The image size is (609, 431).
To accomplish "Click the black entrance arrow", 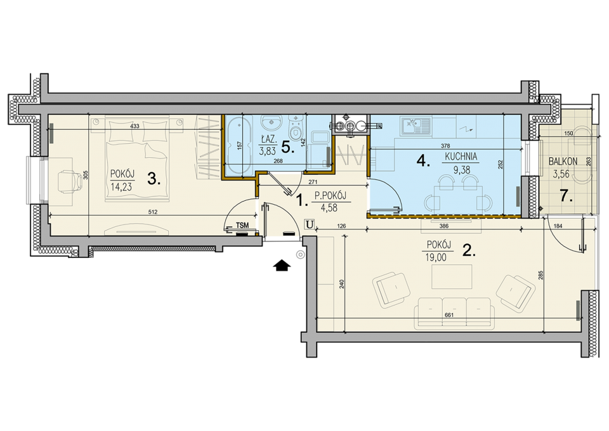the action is pos(282,266).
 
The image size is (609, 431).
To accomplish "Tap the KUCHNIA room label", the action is pos(461,157).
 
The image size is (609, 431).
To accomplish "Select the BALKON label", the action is pos(563,162).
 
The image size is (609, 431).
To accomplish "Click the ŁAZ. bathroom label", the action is pos(268,138).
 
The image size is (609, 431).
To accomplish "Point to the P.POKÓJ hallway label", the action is pos(330,195).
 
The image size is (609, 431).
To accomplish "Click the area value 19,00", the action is pos(436,257).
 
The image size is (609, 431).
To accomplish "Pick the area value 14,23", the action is pos(121,187).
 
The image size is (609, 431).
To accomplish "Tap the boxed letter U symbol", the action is pos(309,224).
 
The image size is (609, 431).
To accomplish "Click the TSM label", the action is pos(242,226).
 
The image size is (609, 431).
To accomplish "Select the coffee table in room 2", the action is pos(452,276).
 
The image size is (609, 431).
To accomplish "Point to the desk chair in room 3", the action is pos(67,181).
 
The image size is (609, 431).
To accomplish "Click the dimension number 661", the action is pos(449,315).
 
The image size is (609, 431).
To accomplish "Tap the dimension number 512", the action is pos(153,212).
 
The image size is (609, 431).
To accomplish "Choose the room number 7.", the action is pos(566,196).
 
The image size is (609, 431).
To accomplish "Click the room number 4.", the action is pos(423,160).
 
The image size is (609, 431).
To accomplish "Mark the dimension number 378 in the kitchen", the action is pos(445,146).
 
